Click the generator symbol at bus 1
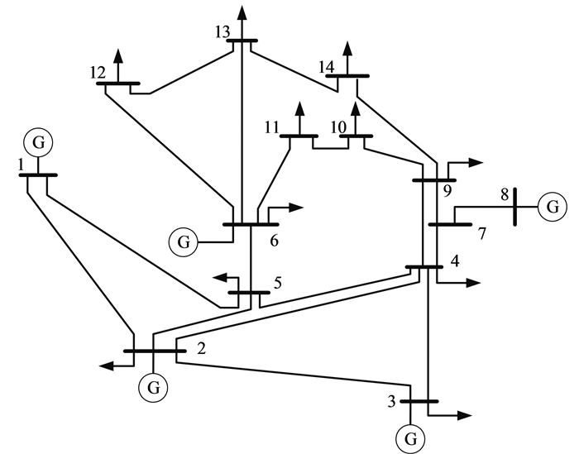tap(38, 142)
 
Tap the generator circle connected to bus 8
tap(552, 206)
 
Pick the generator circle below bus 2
tap(153, 385)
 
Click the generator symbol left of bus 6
tap(184, 242)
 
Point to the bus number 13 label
tap(221, 31)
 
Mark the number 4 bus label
tap(454, 264)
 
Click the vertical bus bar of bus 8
tap(514, 206)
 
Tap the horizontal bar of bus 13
tap(243, 41)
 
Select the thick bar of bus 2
tap(155, 351)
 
